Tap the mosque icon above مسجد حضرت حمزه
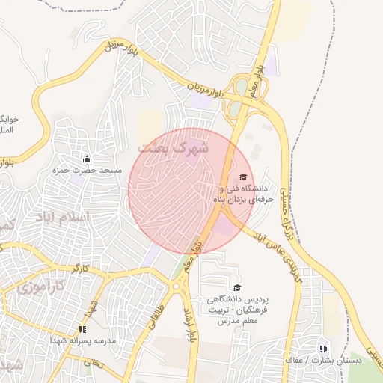tap(87, 159)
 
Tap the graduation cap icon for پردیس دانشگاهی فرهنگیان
tap(238, 287)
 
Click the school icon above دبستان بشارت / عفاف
tap(323, 348)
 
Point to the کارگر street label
tap(80, 267)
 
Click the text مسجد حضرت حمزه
tap(87, 171)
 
